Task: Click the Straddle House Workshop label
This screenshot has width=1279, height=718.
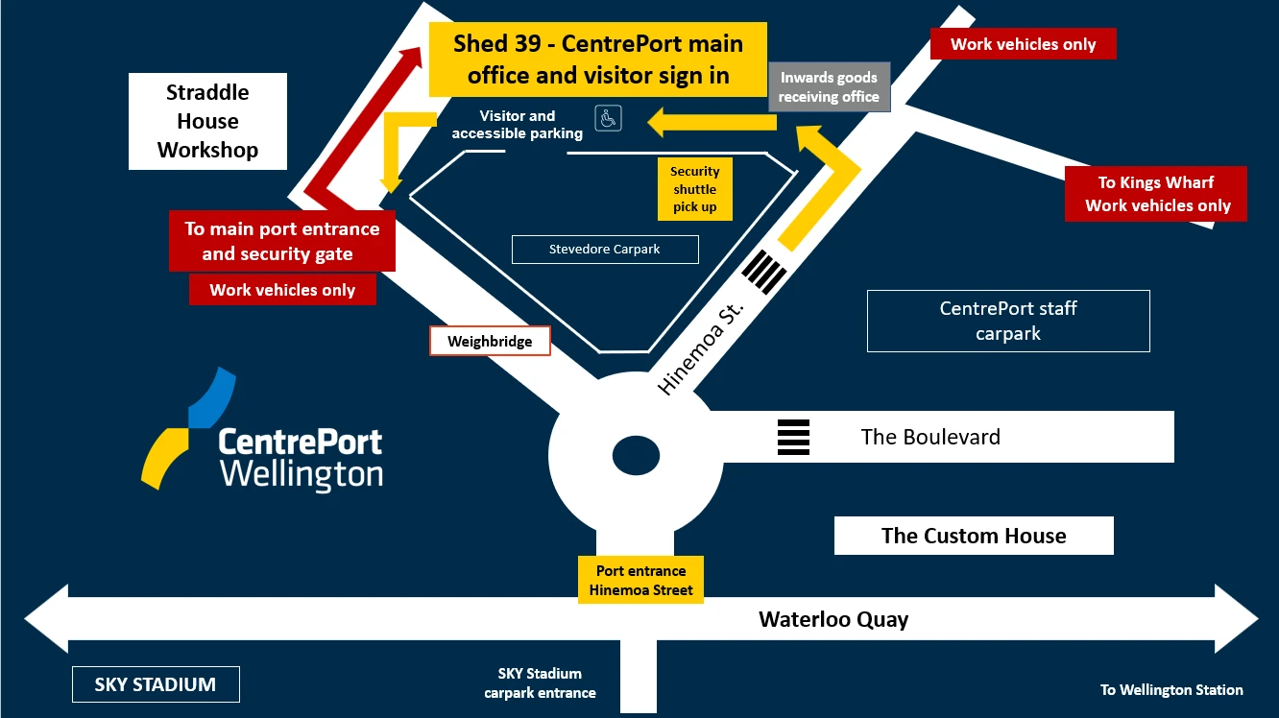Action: point(207,121)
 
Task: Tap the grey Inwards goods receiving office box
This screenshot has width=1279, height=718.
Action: point(829,87)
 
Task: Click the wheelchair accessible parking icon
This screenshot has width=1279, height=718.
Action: point(608,118)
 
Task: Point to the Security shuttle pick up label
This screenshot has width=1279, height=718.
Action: point(694,189)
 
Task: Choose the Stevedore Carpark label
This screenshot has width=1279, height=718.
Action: point(604,250)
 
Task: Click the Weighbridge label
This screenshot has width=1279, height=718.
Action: point(489,341)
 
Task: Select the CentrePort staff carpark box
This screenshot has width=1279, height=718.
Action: point(1007,321)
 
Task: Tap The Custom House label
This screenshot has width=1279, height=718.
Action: point(973,536)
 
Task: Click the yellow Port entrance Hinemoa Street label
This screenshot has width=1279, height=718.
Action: point(640,580)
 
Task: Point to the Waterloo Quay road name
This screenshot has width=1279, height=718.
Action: point(833,619)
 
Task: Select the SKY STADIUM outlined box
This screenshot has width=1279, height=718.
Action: point(156,684)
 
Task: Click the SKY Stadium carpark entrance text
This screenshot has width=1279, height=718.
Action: point(540,682)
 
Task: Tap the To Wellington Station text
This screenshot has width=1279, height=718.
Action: point(1170,689)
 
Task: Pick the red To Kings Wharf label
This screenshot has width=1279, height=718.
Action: point(1155,194)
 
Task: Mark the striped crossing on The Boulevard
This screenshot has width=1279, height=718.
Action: point(793,437)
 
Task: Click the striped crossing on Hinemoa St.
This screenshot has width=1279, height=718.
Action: point(765,269)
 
